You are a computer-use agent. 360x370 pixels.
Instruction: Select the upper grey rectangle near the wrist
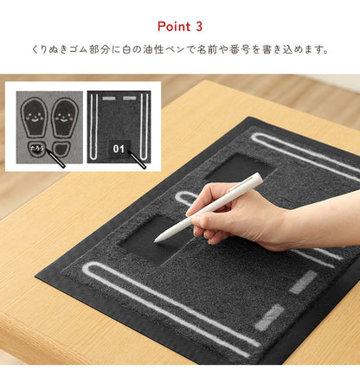(x=303, y=282)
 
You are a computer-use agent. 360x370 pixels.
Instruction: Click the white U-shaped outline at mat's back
(x=303, y=156)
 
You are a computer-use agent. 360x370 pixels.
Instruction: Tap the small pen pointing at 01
(x=137, y=159)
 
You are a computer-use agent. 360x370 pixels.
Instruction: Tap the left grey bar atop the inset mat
(x=107, y=99)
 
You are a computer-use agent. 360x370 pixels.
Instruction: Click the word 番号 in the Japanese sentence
(x=267, y=49)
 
